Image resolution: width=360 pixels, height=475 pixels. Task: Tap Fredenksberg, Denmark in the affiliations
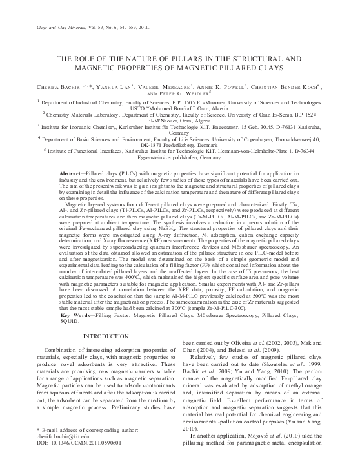pos(180,146)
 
